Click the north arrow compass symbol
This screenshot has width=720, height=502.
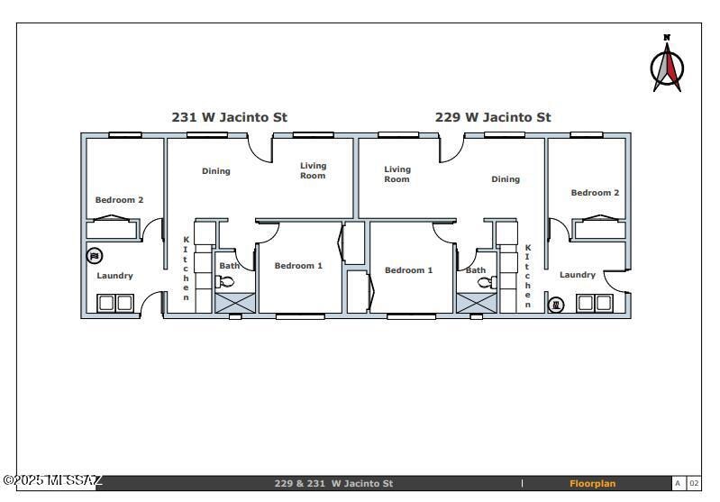(x=668, y=66)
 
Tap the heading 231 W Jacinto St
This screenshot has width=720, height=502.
(x=229, y=117)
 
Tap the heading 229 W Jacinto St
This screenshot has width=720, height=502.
(x=493, y=117)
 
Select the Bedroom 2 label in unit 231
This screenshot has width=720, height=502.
(x=119, y=200)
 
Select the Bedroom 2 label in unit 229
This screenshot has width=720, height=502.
(x=595, y=193)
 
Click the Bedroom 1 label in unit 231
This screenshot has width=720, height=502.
(x=298, y=266)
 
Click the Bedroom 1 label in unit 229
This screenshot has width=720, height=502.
(x=408, y=270)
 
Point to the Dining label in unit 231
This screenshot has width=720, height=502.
(x=216, y=171)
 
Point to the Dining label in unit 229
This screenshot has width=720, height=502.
(x=506, y=179)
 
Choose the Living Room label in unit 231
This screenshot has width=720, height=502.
(x=314, y=170)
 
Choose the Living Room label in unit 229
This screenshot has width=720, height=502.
(x=397, y=174)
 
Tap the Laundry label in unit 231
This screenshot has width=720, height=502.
(x=114, y=276)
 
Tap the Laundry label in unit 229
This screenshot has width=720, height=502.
(x=577, y=275)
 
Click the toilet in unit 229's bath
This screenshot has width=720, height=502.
(x=487, y=282)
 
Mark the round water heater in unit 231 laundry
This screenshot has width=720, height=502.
(x=95, y=256)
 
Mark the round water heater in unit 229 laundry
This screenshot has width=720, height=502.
(x=556, y=305)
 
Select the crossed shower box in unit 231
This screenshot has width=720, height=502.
(x=234, y=303)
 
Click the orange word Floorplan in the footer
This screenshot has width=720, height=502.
(x=592, y=484)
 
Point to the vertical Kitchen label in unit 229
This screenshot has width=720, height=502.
(x=528, y=276)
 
